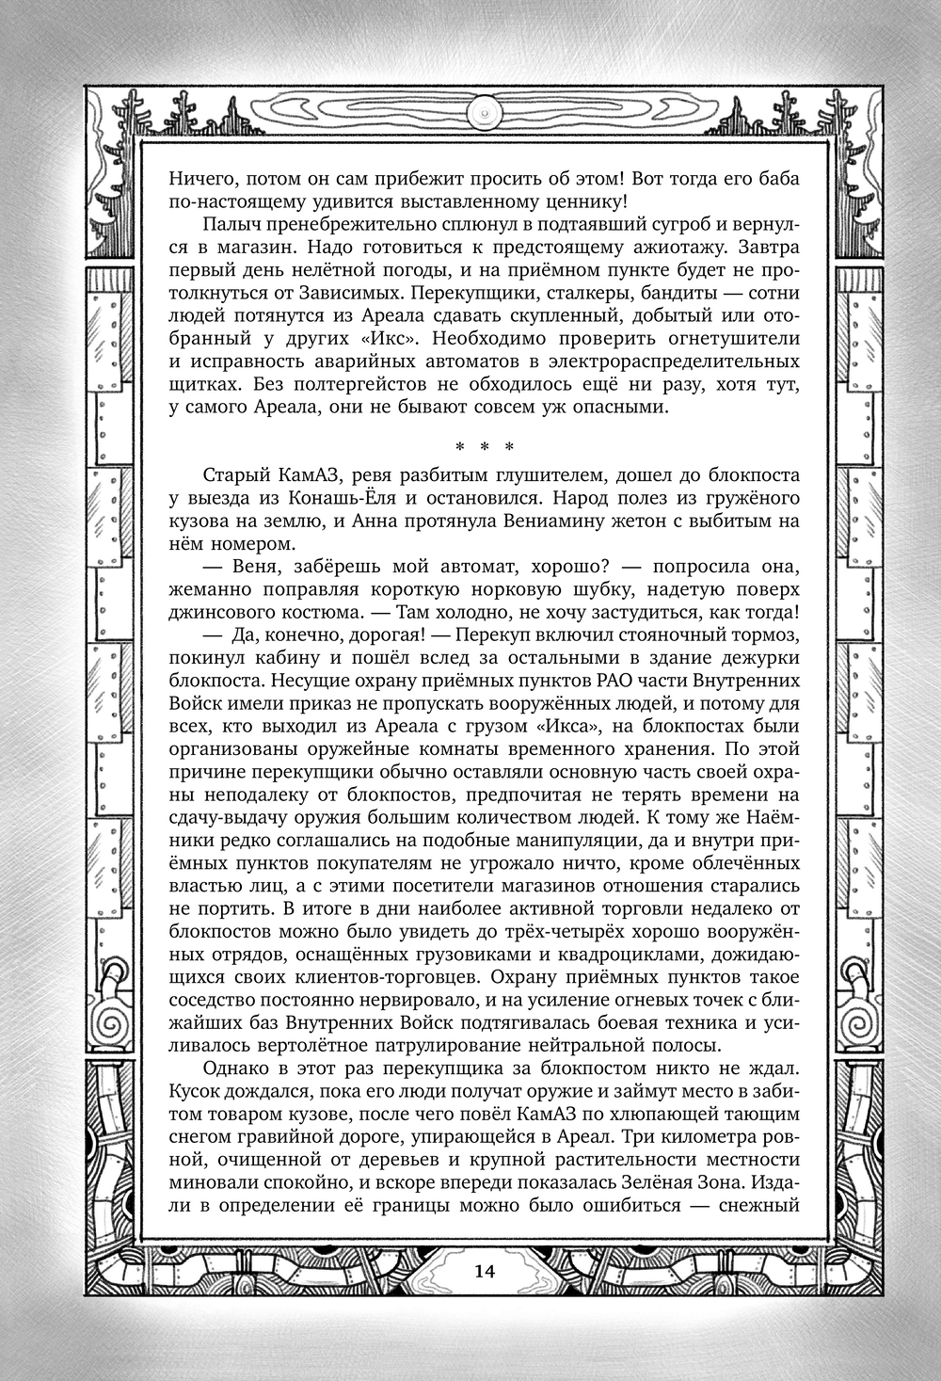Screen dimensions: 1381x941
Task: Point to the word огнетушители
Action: pos(738,338)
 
